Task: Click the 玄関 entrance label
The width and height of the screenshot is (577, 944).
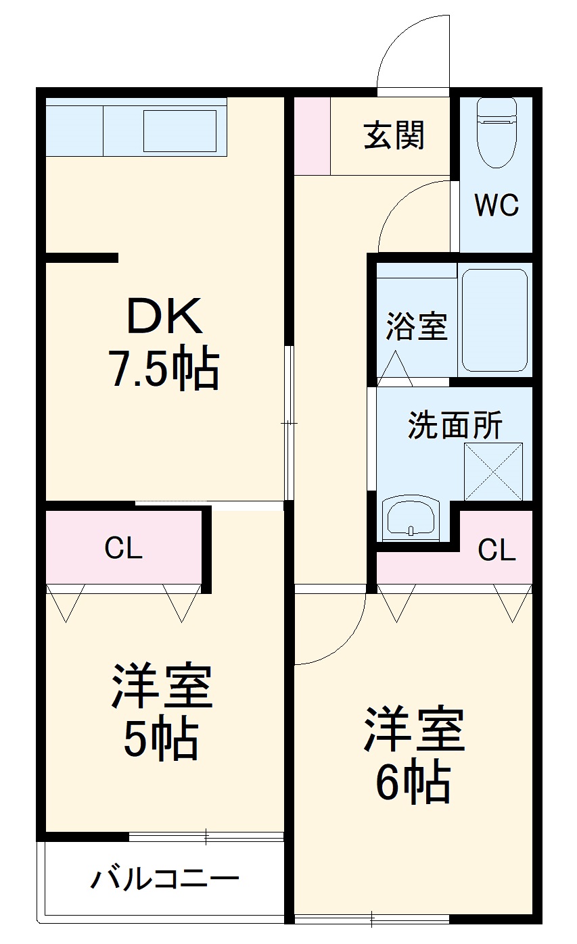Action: (394, 135)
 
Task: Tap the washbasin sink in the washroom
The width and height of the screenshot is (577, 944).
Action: (411, 519)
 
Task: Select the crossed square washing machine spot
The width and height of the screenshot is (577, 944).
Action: (493, 472)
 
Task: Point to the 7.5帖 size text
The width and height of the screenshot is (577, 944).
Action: (164, 369)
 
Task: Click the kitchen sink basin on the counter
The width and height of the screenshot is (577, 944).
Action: (179, 131)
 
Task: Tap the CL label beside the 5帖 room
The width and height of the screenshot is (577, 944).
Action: (124, 549)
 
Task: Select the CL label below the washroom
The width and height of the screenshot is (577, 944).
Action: (497, 551)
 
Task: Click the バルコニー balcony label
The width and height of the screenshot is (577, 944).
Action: (165, 879)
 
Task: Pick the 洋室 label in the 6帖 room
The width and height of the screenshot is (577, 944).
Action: (414, 730)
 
